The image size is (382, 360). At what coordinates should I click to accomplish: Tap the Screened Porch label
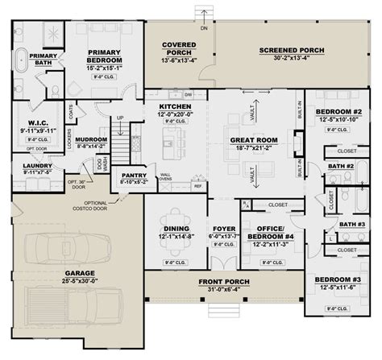click(x=291, y=51)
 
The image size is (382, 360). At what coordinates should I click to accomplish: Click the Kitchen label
click(x=174, y=106)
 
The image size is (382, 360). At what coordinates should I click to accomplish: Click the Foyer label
click(x=223, y=229)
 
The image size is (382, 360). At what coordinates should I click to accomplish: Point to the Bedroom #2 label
click(x=337, y=111)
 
